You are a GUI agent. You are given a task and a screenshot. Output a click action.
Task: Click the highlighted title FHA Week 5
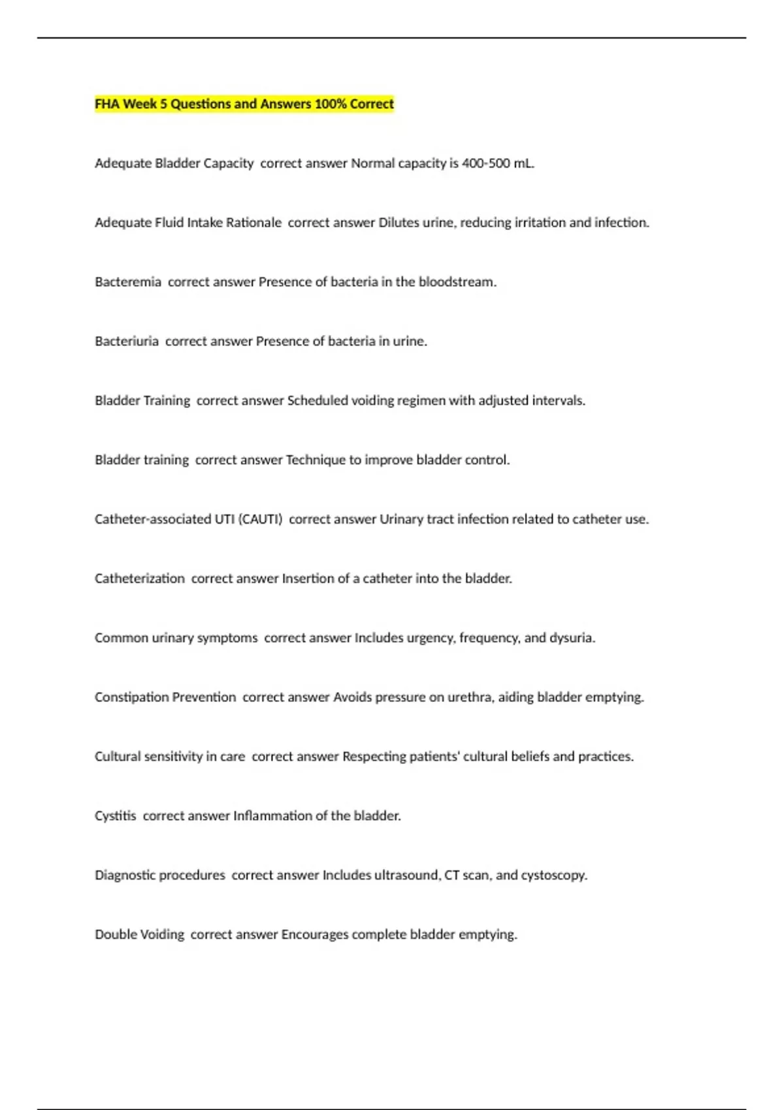pyautogui.click(x=244, y=104)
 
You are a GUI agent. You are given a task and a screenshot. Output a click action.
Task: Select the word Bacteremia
pyautogui.click(x=128, y=282)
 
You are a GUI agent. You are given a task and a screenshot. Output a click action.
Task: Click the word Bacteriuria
pyautogui.click(x=127, y=341)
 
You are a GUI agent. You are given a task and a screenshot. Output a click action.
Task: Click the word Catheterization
pyautogui.click(x=140, y=579)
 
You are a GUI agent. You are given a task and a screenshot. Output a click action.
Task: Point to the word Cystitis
pyautogui.click(x=116, y=816)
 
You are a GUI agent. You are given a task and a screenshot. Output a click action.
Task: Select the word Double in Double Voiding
pyautogui.click(x=113, y=935)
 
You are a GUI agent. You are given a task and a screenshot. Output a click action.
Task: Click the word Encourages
pyautogui.click(x=315, y=935)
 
